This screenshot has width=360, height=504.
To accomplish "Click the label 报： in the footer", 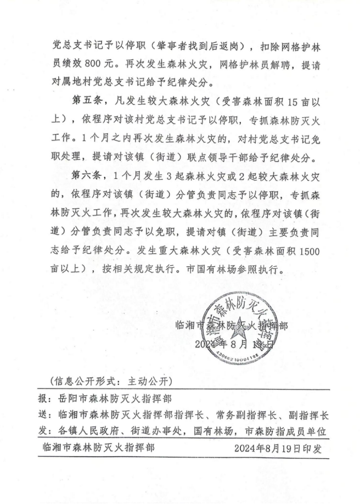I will [x=43, y=399].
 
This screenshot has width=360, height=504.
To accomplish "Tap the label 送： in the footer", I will [x=43, y=415].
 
